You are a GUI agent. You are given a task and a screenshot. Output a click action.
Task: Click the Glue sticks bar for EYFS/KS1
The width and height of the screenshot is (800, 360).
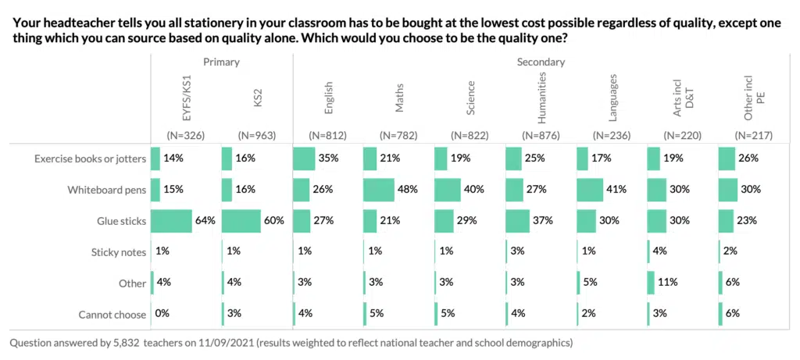[x=171, y=221]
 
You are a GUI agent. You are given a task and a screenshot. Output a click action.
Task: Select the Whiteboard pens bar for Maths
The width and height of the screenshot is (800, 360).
[x=379, y=190]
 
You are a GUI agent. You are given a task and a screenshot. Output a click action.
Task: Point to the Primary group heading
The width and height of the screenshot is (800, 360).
[x=221, y=62]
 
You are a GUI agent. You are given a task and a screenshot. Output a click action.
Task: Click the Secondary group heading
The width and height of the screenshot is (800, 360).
[x=541, y=62]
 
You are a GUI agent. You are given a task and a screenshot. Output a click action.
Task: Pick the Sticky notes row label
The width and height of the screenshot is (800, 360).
[x=112, y=252]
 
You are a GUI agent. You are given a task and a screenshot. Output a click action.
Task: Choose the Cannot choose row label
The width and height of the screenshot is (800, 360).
[x=112, y=315]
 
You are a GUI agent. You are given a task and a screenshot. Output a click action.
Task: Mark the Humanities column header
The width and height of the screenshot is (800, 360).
[x=542, y=98]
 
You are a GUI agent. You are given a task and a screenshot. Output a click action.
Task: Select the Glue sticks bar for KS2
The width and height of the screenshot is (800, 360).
[x=241, y=221]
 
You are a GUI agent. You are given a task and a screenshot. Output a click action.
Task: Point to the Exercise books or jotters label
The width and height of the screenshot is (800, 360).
[x=90, y=159]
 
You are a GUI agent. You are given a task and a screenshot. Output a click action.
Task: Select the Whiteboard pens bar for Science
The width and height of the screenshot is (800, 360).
[x=448, y=190]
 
